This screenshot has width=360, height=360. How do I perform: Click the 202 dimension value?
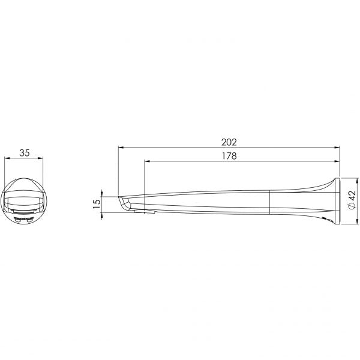tap(229, 142)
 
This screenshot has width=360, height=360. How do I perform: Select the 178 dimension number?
tap(229, 156)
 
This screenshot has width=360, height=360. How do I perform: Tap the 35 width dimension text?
tap(25, 153)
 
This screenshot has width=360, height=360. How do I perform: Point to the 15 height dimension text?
tap(97, 203)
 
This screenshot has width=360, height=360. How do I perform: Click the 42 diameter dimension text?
tap(352, 196)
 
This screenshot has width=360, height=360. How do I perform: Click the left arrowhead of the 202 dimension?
tap(121, 148)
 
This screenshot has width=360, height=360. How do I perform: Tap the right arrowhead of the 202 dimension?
tap(337, 148)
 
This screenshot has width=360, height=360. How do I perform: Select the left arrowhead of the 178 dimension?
tap(147, 161)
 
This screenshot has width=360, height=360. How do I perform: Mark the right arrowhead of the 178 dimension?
tap(337, 161)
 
